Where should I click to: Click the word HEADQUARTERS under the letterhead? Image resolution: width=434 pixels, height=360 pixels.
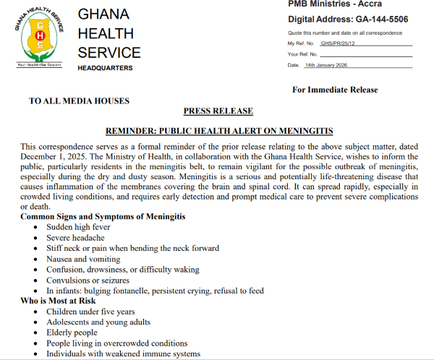tap(105, 68)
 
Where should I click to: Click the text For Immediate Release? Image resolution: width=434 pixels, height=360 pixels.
tap(335, 90)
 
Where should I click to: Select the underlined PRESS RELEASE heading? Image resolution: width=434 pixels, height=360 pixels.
tap(218, 111)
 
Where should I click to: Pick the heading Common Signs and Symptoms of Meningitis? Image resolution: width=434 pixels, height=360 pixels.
tap(103, 217)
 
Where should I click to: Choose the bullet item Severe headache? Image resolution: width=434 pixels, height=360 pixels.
tap(75, 238)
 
